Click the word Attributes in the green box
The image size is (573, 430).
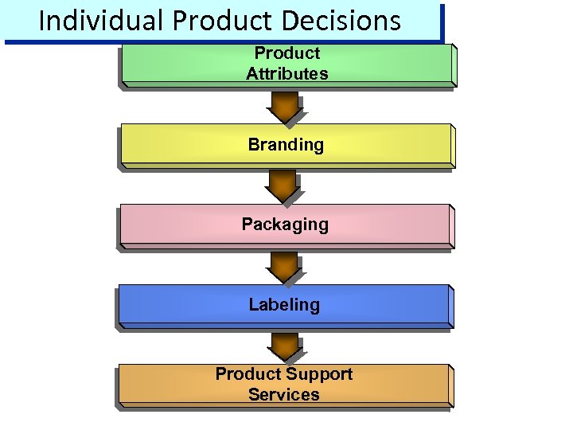click(286, 74)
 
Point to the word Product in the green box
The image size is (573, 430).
click(286, 53)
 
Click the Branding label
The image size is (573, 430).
click(286, 145)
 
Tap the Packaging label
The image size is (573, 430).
click(285, 225)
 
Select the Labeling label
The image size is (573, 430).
click(284, 305)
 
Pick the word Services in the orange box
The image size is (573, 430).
click(284, 395)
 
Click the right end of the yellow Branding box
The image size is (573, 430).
click(447, 146)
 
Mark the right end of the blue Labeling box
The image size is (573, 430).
click(447, 306)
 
